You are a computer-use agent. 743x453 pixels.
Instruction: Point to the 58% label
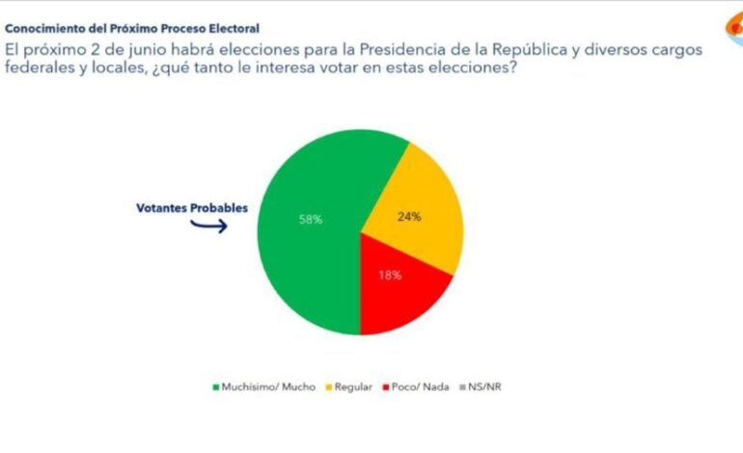point(310,220)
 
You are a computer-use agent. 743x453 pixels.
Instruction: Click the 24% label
point(408,217)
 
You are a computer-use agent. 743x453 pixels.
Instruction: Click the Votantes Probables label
point(190,207)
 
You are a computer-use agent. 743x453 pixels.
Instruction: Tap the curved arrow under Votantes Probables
point(207,226)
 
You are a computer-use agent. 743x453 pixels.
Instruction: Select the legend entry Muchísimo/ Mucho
point(261,387)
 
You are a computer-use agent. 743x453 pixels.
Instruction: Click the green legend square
point(215,387)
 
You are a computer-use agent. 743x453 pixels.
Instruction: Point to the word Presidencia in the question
point(412,49)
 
